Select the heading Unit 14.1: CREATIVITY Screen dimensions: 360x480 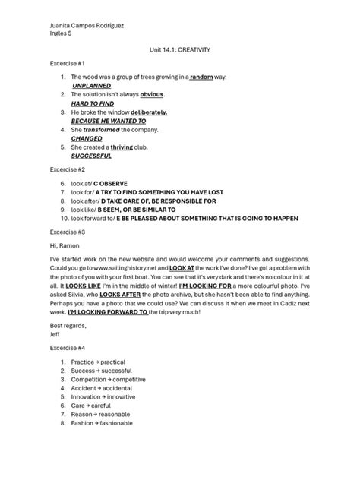pyautogui.click(x=179, y=50)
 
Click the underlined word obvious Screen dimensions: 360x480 pyautogui.click(x=152, y=94)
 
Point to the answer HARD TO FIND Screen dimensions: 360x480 pyautogui.click(x=91, y=103)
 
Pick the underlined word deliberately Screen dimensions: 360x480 pyautogui.click(x=149, y=112)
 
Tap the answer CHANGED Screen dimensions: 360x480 pyautogui.click(x=87, y=138)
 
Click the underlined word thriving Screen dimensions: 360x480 pyautogui.click(x=122, y=147)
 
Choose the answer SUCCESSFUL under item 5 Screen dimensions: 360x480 pyautogui.click(x=91, y=156)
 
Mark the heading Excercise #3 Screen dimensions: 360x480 pyautogui.click(x=68, y=231)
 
